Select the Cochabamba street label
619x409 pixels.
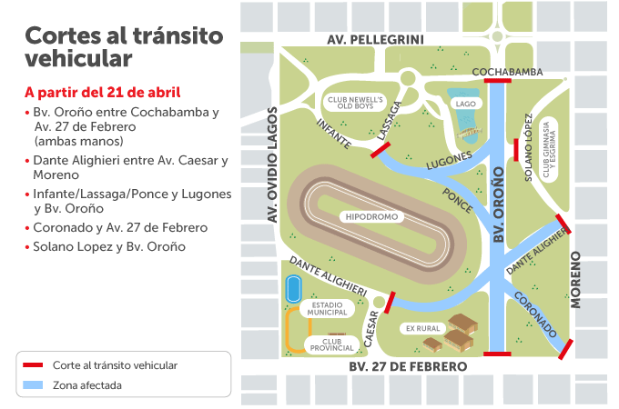pos(507,71)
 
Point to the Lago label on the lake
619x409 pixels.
pos(466,104)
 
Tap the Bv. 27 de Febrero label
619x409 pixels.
pos(408,366)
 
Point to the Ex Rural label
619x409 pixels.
pos(422,328)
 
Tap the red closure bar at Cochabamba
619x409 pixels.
pos(498,80)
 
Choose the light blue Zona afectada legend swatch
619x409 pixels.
pos(33,384)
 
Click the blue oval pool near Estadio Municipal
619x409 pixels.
pos(293,290)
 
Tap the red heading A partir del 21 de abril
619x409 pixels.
pos(102,92)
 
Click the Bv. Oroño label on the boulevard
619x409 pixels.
pos(498,204)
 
